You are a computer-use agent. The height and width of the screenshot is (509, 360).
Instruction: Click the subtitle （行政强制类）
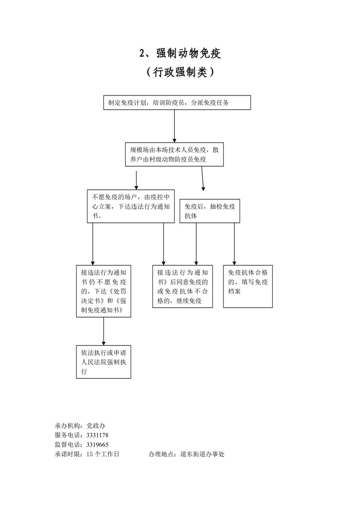(x=180, y=72)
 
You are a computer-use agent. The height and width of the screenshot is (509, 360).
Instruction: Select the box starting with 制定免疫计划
(x=177, y=103)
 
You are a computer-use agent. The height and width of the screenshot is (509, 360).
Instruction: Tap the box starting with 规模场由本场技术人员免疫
(x=174, y=154)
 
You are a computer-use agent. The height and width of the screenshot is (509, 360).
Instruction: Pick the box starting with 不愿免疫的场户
(x=131, y=206)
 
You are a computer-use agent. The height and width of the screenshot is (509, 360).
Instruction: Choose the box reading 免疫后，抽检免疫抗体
(x=210, y=211)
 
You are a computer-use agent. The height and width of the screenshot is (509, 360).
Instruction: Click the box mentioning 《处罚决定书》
(x=104, y=291)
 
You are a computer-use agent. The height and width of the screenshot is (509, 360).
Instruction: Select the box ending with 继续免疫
(x=182, y=286)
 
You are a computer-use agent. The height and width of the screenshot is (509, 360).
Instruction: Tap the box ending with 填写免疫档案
(x=248, y=286)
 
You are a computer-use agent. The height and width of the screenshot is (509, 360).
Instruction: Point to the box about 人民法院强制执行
(x=104, y=362)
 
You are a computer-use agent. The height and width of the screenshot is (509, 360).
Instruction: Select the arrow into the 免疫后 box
(x=202, y=181)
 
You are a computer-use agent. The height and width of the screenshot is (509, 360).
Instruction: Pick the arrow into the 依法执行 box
(x=104, y=331)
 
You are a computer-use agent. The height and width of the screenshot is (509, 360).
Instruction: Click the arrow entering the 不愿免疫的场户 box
(x=136, y=180)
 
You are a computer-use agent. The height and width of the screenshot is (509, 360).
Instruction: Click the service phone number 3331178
(x=97, y=435)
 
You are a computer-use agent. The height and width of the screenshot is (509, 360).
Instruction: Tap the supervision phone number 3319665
(x=97, y=445)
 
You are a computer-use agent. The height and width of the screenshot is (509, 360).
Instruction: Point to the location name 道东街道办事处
(x=202, y=454)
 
